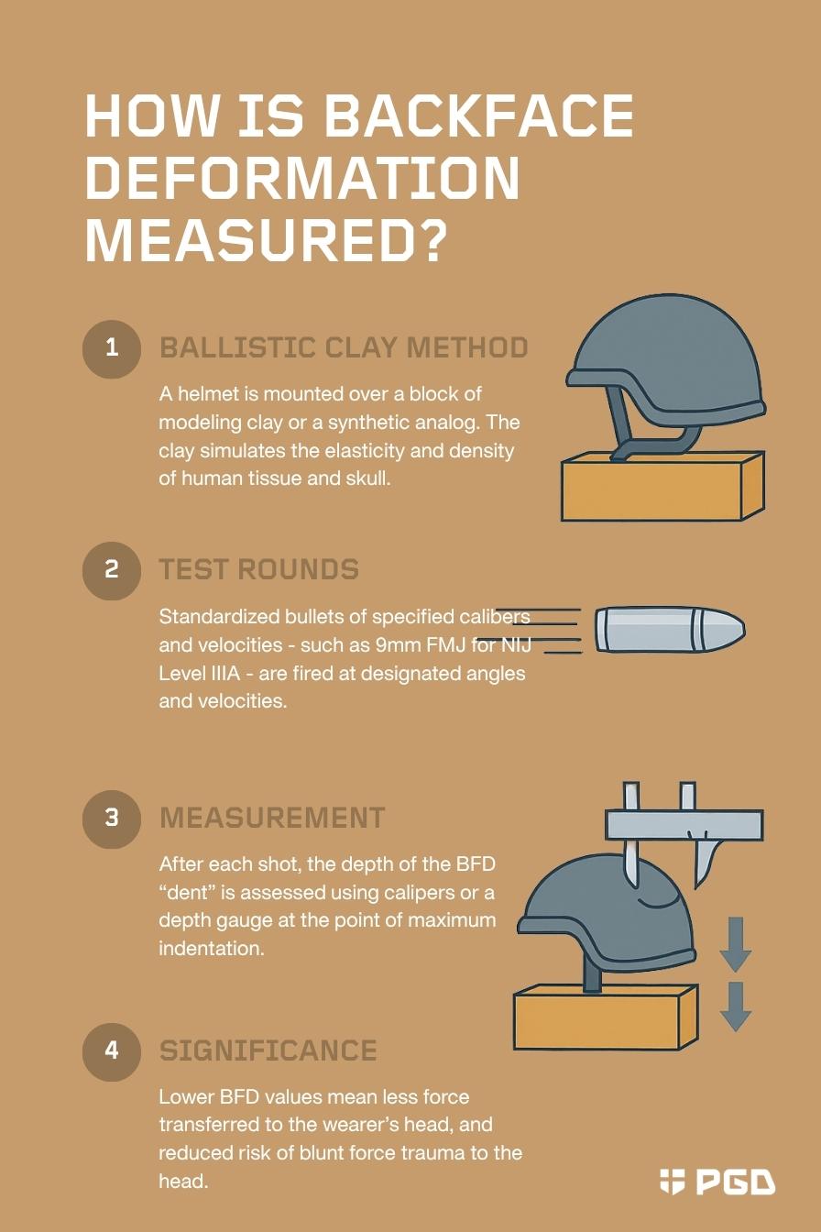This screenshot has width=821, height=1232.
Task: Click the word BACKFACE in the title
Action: tap(478, 115)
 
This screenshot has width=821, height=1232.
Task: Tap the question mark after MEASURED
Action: tap(426, 240)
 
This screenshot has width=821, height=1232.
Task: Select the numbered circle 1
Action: tap(112, 349)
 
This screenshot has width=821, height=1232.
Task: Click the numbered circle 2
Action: tap(112, 570)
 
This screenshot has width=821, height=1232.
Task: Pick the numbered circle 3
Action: tap(112, 819)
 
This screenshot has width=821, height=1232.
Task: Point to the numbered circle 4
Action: tap(112, 1051)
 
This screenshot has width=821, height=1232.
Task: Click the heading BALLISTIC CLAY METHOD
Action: tap(344, 347)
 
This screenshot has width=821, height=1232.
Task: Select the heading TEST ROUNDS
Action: tap(259, 569)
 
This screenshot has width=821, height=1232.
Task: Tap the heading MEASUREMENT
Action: tap(272, 818)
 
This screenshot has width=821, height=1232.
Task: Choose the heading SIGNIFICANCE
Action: tap(268, 1050)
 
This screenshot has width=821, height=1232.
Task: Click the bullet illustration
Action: tap(670, 630)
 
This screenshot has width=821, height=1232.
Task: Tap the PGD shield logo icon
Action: tap(672, 1182)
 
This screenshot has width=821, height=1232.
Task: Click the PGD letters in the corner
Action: tap(737, 1182)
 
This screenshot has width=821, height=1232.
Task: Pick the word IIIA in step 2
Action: tap(225, 674)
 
